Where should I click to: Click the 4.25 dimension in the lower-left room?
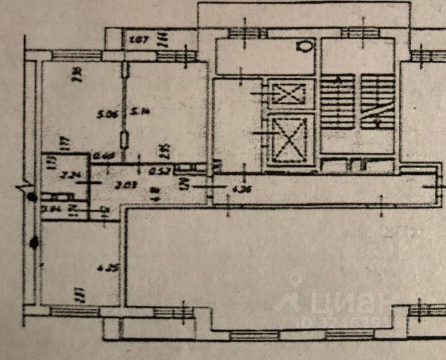(104, 269)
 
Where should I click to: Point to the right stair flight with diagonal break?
(378, 102)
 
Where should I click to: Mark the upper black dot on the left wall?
(32, 197)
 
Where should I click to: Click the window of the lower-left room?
(74, 311)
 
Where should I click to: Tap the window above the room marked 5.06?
(76, 55)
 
